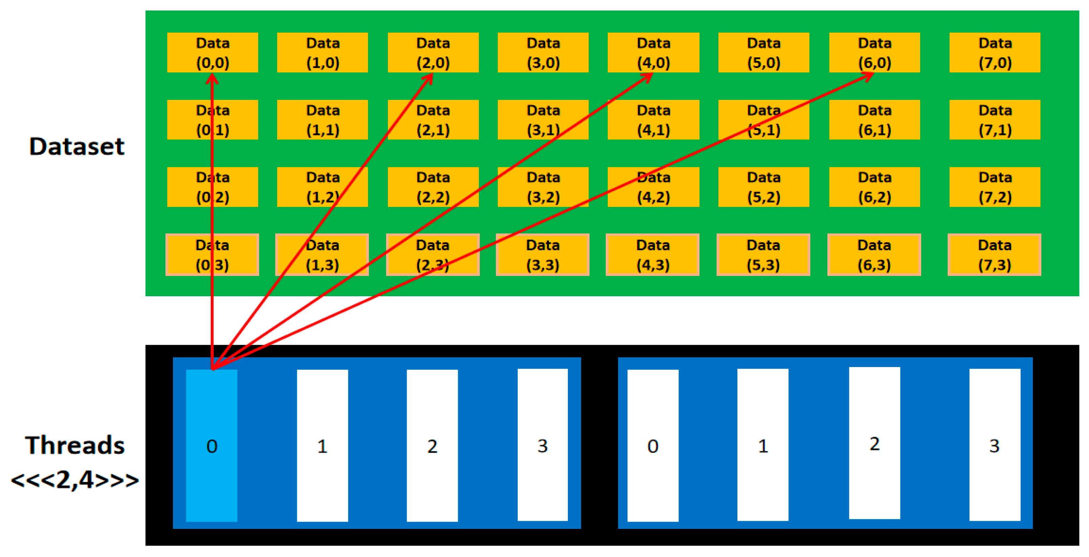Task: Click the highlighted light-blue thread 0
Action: pyautogui.click(x=212, y=445)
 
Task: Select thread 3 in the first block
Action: pyautogui.click(x=542, y=445)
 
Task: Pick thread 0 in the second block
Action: pyautogui.click(x=653, y=445)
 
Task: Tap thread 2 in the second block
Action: pyautogui.click(x=874, y=443)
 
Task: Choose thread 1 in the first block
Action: pyautogui.click(x=322, y=445)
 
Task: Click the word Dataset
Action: pyautogui.click(x=76, y=146)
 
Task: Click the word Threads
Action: pyautogui.click(x=75, y=445)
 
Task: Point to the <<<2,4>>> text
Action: pyautogui.click(x=75, y=480)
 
